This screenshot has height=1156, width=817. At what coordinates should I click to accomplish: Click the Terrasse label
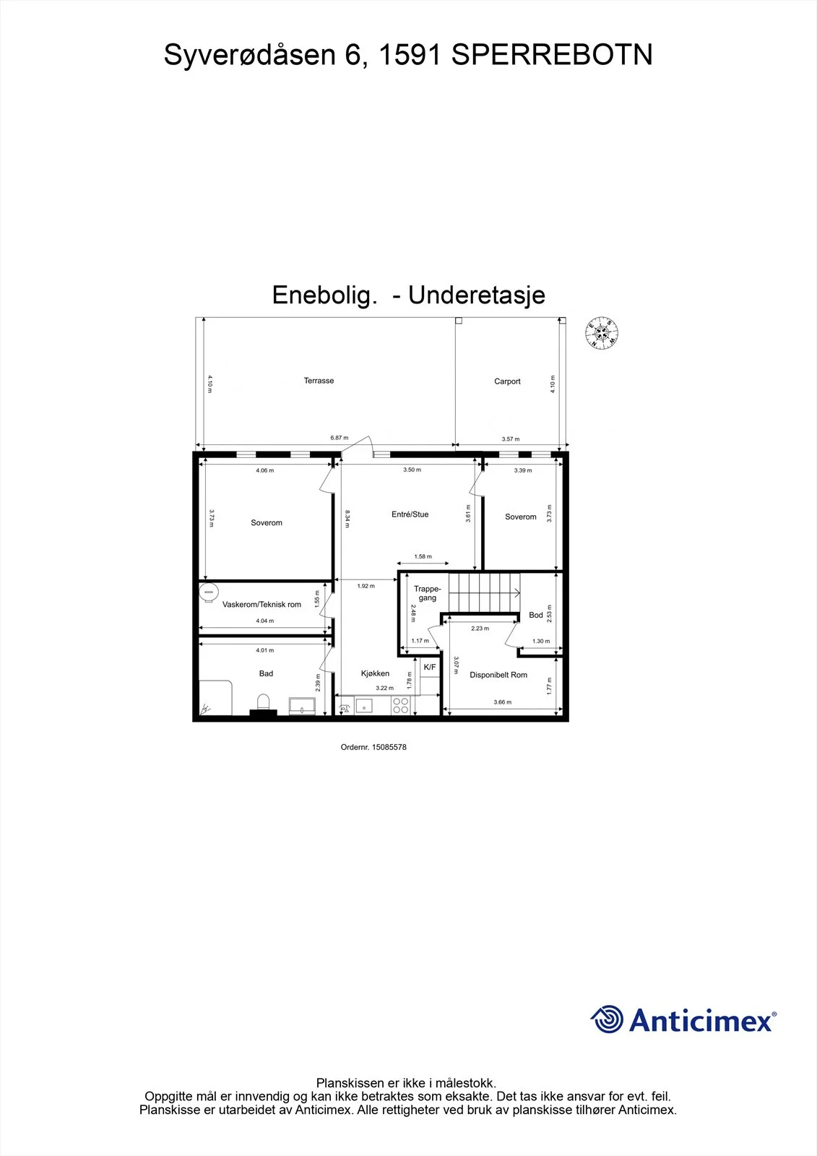point(319,380)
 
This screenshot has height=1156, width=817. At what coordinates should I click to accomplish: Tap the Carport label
point(507,381)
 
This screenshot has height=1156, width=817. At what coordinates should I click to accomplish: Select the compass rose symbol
point(601,333)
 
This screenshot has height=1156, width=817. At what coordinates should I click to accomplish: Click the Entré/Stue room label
point(410,514)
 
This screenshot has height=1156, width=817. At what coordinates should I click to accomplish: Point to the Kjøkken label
point(375,673)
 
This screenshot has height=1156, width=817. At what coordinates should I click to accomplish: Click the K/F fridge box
point(430,668)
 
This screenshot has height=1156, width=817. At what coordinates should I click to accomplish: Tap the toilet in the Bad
point(263,702)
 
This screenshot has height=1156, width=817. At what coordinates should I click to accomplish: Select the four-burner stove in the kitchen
point(400,705)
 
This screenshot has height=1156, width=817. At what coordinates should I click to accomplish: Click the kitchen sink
point(364,705)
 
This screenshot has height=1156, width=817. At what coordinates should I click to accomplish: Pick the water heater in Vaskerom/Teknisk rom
point(209,592)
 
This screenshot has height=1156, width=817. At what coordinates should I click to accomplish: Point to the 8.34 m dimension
point(347,519)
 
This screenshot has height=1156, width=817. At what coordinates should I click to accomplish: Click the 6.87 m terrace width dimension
point(339,438)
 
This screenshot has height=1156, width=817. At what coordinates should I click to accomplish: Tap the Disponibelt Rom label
point(498,675)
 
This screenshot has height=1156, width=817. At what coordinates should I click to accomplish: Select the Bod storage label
point(536,615)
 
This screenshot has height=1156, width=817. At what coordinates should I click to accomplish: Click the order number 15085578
point(389,747)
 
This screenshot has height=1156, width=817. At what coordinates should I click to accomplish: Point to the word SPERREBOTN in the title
point(552,55)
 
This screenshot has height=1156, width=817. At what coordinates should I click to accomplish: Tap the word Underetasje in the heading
point(476,296)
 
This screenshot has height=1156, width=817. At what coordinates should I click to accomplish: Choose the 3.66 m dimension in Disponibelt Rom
point(502,702)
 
